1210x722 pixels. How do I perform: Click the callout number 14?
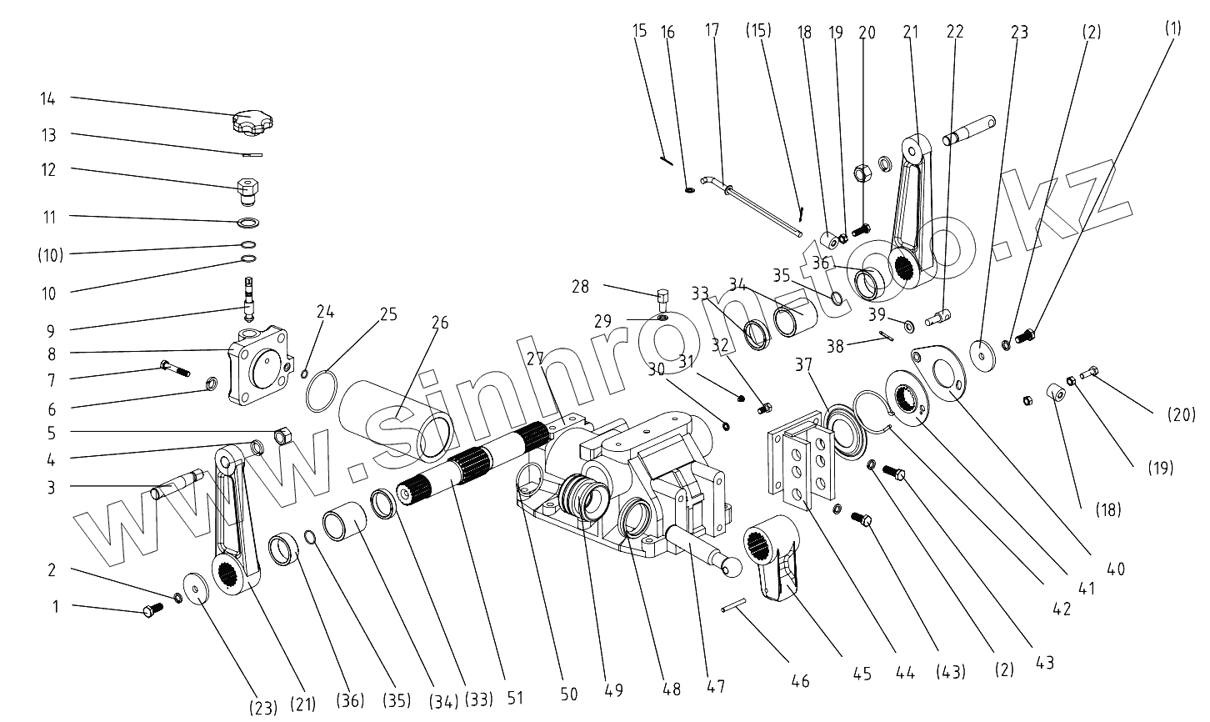[x=47, y=98]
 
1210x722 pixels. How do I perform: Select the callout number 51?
[x=516, y=698]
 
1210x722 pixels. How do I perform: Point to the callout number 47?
[x=715, y=686]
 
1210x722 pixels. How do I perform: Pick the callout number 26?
[x=439, y=322]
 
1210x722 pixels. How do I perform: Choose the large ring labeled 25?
[x=322, y=391]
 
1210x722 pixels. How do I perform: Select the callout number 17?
[x=712, y=31]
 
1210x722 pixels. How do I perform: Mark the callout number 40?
[x=1117, y=569]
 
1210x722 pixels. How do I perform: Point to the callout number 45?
[x=862, y=674]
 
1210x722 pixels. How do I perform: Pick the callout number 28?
[x=580, y=287]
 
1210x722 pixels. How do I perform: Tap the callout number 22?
[x=956, y=31]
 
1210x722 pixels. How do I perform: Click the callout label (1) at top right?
[x=1172, y=28]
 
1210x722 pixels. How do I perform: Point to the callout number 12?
[x=49, y=169]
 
